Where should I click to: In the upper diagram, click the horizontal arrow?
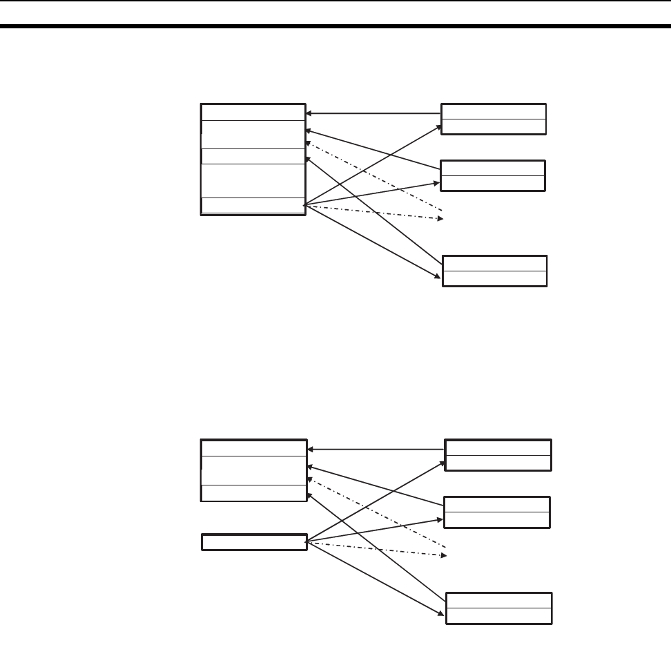coord(373,113)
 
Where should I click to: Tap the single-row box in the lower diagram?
coord(253,542)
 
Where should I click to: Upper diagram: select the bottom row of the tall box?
coord(253,206)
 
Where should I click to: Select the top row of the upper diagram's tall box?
coord(253,112)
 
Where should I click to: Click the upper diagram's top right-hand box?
coord(494,119)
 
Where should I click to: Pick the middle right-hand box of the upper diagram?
coord(493,175)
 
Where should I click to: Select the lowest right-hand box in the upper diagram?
coord(494,271)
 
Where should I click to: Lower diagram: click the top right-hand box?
coord(498,455)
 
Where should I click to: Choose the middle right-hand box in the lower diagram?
coord(497,512)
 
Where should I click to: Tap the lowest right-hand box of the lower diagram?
coord(498,608)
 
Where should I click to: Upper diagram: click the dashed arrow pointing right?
coord(373,212)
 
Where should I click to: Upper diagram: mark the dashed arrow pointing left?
coord(373,176)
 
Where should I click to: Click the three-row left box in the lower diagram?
coord(253,470)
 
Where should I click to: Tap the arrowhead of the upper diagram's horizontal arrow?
coord(309,113)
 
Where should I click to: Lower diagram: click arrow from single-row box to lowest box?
coord(373,577)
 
